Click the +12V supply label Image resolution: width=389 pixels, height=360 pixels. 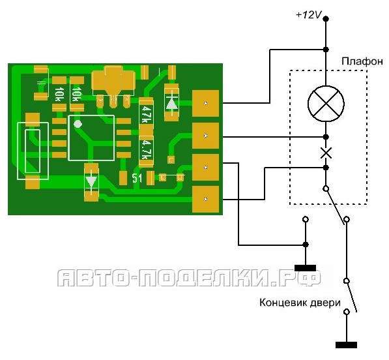tap(309, 15)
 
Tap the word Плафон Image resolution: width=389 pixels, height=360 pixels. tap(362, 61)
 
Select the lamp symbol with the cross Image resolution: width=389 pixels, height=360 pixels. tap(326, 104)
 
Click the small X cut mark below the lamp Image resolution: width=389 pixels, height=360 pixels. tap(326, 153)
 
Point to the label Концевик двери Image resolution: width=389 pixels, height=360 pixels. tap(300, 303)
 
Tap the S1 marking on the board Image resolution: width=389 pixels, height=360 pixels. tap(137, 178)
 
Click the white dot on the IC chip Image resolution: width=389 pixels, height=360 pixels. tap(78, 123)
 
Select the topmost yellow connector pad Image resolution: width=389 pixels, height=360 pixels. tap(205, 103)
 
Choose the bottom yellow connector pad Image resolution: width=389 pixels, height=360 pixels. tap(205, 200)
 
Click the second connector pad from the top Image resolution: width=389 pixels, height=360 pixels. tap(205, 136)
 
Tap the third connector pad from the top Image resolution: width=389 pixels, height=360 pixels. tap(205, 167)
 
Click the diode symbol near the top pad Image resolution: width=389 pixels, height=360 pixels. tap(171, 102)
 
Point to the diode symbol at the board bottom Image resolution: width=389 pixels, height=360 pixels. tap(91, 182)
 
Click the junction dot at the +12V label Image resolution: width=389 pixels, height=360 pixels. tap(326, 19)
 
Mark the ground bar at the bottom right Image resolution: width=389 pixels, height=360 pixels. tap(347, 345)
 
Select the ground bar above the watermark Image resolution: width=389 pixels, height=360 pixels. tap(306, 268)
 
